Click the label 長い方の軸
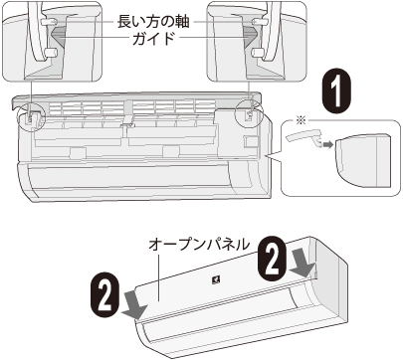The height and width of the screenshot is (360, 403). (153, 22)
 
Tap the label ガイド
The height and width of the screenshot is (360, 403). (153, 39)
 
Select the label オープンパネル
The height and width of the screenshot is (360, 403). (199, 245)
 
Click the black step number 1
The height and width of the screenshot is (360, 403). (337, 90)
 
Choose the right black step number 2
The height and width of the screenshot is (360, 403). (272, 259)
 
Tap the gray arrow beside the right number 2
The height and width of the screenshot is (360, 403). (302, 266)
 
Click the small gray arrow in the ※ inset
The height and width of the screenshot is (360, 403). (328, 145)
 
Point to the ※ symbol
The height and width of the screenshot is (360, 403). (301, 121)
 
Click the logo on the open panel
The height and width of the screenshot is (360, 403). (216, 280)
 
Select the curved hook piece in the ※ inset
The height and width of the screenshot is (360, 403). (303, 137)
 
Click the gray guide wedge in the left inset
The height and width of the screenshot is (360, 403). (59, 36)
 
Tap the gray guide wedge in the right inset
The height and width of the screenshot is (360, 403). (250, 36)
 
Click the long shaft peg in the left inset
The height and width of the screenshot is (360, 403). (49, 22)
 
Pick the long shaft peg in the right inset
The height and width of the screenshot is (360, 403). (260, 22)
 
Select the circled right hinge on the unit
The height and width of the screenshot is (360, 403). (249, 114)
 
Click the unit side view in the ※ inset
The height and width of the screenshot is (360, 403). (362, 161)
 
